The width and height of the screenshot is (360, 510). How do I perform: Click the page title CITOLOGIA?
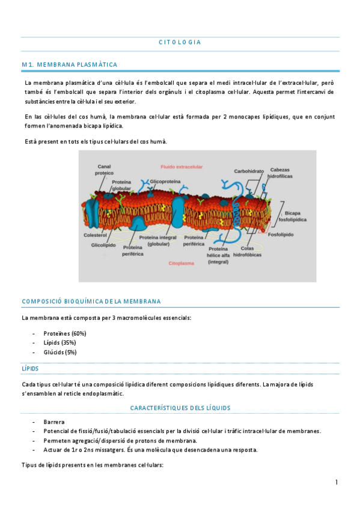tap(180, 42)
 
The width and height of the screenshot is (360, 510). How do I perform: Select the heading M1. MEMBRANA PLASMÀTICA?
tap(69, 64)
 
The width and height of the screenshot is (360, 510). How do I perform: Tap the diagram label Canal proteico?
tap(104, 169)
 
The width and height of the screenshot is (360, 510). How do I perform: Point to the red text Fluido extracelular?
tap(182, 166)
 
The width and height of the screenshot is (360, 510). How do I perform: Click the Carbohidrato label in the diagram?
tap(249, 171)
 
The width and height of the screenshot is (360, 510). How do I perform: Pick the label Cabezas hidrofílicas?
tap(280, 173)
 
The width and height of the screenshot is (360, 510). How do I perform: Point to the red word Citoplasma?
tap(181, 263)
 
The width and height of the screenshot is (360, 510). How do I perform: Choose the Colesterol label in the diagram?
tap(95, 235)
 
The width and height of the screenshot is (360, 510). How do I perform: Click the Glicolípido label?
tap(103, 245)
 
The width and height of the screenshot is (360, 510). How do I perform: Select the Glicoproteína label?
tap(165, 180)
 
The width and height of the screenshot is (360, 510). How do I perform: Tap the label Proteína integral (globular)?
tap(157, 241)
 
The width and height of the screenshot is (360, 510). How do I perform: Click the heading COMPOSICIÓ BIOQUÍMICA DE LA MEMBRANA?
tap(91, 301)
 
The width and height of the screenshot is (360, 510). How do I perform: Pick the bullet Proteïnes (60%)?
tap(65, 333)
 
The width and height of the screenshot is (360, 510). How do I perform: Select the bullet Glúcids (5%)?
tap(60, 352)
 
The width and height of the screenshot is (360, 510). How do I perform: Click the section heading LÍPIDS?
tap(30, 367)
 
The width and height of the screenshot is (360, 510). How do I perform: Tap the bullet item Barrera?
tap(54, 422)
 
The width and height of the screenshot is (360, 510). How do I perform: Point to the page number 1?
tap(337, 482)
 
